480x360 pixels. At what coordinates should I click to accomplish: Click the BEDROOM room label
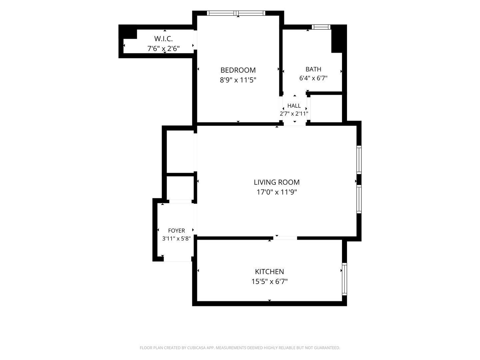(x=238, y=70)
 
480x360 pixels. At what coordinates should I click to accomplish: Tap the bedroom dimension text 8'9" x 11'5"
(x=238, y=80)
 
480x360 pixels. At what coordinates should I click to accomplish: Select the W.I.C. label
(x=163, y=39)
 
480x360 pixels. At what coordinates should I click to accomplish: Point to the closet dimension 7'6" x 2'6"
(x=163, y=48)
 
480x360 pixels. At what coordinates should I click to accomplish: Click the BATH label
(x=313, y=69)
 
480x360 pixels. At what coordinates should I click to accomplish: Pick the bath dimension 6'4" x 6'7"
(x=313, y=78)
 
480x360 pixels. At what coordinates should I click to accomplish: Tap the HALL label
(x=294, y=106)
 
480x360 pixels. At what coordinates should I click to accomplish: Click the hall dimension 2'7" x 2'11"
(x=294, y=114)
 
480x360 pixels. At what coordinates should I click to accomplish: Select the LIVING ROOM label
(x=277, y=182)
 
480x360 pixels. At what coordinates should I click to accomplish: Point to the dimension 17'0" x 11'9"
(x=277, y=192)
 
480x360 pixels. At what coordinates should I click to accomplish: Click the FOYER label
(x=176, y=231)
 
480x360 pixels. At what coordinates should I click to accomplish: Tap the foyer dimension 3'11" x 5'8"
(x=176, y=238)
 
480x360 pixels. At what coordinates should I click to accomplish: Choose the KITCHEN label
(x=269, y=271)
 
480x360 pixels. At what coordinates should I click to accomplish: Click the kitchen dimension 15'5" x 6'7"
(x=269, y=282)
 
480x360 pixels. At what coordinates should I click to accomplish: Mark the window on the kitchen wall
(x=344, y=279)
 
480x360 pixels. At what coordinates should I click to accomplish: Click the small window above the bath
(x=321, y=27)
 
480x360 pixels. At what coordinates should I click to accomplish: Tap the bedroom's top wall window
(x=236, y=13)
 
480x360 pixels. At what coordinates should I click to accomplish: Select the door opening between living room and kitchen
(x=285, y=238)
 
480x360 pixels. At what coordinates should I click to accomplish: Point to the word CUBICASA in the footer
(x=196, y=348)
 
